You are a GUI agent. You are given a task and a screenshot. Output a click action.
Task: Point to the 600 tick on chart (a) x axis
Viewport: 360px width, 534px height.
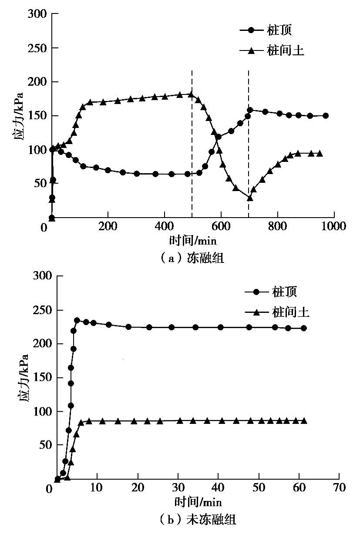221,227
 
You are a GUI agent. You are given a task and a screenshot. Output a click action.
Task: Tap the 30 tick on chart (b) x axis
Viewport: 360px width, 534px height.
178,488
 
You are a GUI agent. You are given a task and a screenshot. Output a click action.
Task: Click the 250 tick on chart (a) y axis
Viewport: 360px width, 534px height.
39,48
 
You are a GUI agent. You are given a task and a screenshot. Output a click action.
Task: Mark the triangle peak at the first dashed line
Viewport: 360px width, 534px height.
191,94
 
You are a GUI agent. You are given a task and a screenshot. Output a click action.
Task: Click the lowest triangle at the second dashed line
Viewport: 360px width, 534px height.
249,198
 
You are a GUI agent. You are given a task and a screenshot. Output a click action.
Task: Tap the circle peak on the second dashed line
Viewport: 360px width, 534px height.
250,110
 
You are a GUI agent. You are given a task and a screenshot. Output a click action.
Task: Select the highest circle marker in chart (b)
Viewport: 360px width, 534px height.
77,320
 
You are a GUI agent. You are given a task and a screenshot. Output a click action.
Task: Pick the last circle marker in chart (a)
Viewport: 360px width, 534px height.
326,116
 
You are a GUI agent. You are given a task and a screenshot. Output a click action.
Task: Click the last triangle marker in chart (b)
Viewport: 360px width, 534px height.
304,421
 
